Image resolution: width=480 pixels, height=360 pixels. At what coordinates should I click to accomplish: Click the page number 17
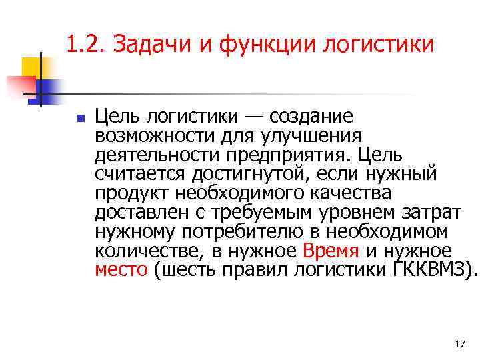459,344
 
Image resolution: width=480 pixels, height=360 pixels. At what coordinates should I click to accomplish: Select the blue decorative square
48,88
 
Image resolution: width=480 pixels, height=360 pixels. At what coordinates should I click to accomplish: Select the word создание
307,117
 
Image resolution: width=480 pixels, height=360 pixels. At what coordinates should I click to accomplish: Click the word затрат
436,213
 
